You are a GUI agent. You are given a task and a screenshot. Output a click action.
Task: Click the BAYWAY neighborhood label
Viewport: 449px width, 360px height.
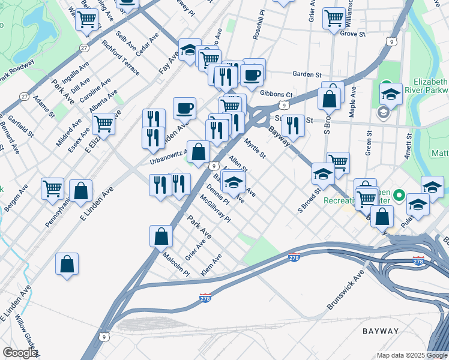click(381, 331)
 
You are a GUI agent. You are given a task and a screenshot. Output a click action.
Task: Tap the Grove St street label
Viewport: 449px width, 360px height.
click(353, 34)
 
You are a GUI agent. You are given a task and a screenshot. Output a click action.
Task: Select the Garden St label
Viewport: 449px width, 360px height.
click(307, 74)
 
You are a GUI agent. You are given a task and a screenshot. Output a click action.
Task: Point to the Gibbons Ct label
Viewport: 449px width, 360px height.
click(276, 94)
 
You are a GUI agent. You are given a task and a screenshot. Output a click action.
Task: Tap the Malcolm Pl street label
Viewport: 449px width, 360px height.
click(176, 264)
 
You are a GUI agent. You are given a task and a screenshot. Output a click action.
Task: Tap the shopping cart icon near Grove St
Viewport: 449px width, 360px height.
click(333, 17)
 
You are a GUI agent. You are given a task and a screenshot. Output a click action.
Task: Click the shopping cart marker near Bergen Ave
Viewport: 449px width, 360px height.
click(52, 188)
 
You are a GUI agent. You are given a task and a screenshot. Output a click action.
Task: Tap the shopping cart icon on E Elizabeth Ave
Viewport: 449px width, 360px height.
click(104, 124)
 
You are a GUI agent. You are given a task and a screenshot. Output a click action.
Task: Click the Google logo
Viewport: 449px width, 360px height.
click(20, 352)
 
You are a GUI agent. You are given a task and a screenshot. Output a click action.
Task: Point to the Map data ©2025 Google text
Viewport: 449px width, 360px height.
click(411, 355)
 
